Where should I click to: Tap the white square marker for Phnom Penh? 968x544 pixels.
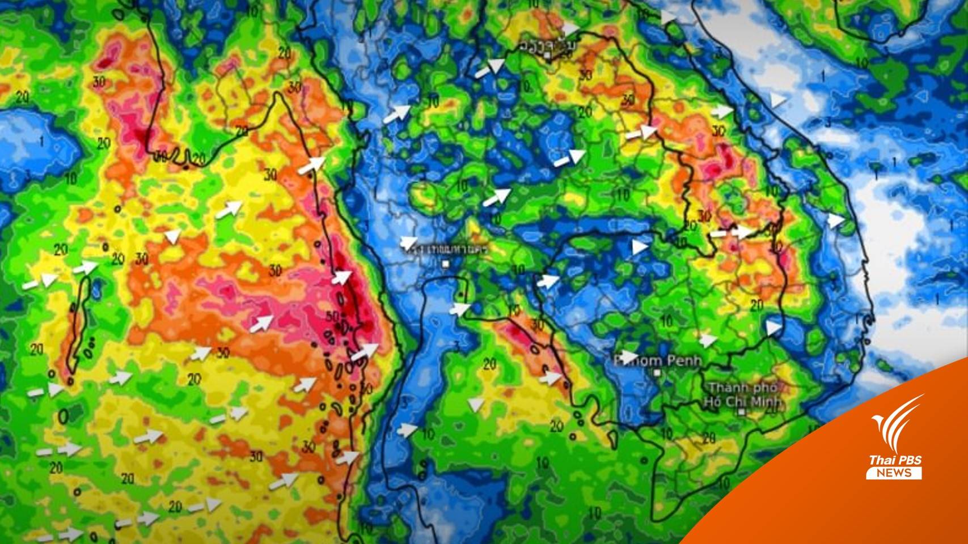point(657,373)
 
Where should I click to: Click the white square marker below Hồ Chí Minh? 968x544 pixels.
point(742,413)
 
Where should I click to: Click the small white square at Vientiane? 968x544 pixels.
point(547,56)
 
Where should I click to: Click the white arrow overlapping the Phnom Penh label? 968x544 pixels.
point(628,356)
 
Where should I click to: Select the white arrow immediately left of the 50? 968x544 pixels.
point(262,323)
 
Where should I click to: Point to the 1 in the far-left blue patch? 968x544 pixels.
point(43,139)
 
